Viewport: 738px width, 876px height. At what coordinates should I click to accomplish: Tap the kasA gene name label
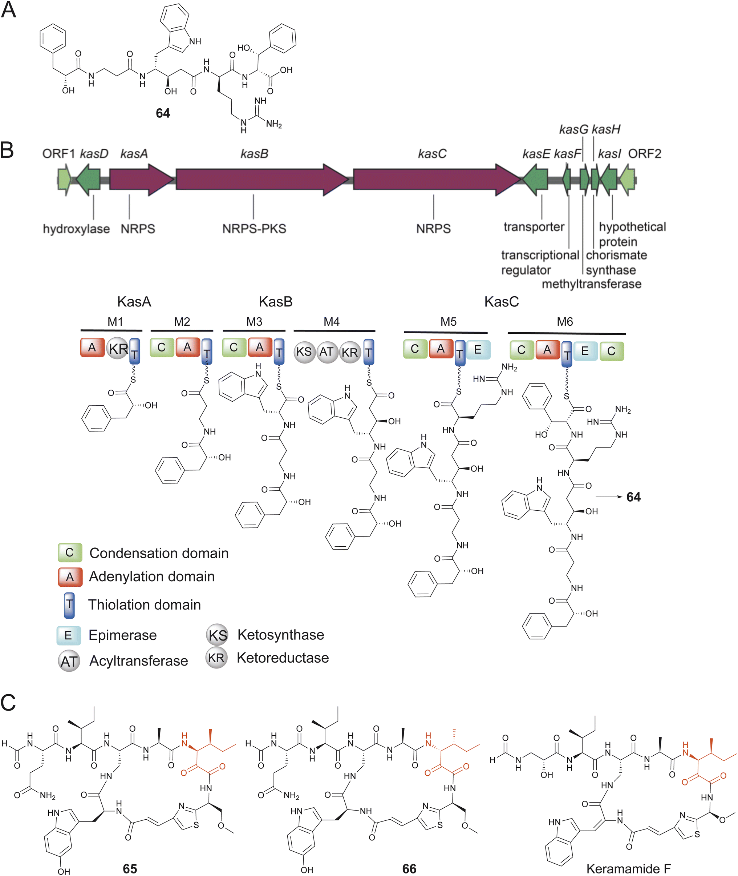(x=134, y=154)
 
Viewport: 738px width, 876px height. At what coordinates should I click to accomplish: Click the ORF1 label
(x=58, y=154)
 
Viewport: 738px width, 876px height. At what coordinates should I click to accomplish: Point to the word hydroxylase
(x=76, y=229)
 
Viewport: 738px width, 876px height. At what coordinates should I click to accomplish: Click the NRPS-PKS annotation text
(x=254, y=229)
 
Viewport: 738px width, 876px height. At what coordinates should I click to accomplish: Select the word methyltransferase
(x=591, y=284)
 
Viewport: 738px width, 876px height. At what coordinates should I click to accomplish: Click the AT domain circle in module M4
(x=327, y=352)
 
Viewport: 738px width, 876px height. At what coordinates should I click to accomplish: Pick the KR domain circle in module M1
(x=118, y=348)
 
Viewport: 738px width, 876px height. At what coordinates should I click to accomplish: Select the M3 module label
(x=254, y=322)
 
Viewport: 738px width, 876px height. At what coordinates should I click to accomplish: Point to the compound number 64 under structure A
(x=163, y=113)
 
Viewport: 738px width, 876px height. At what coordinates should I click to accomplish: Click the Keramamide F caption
(x=628, y=868)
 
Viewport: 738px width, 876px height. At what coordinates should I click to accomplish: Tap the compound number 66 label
(x=409, y=868)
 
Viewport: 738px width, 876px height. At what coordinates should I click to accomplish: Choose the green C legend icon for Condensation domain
(x=69, y=553)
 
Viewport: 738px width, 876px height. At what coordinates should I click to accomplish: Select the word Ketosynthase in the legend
(x=281, y=635)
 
